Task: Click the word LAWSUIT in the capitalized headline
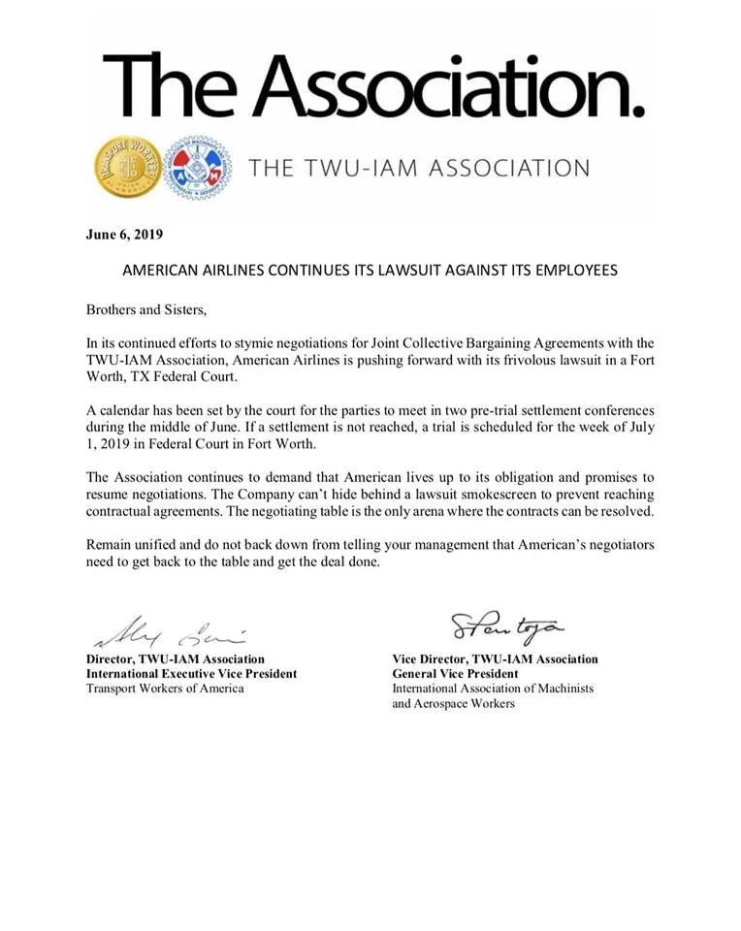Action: click(x=409, y=271)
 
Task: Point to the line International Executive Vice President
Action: click(x=192, y=673)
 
